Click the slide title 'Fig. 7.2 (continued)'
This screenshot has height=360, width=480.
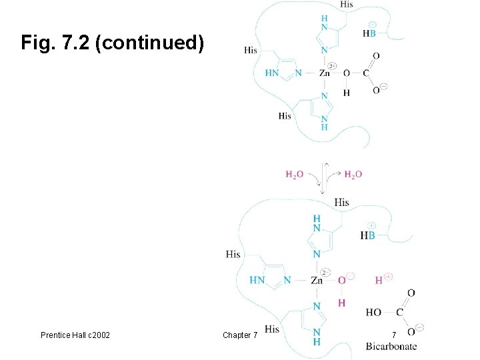[x=112, y=44]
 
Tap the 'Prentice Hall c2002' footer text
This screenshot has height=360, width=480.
[x=75, y=335]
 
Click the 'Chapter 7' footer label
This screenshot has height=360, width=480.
[x=240, y=335]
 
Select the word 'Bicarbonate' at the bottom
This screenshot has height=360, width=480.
[x=391, y=346]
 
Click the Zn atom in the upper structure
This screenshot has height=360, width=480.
[x=325, y=73]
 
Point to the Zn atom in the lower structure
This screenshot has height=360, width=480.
[x=317, y=281]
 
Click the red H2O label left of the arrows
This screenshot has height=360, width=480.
[x=295, y=175]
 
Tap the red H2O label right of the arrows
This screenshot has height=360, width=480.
[x=353, y=175]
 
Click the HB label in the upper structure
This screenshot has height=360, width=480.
[x=369, y=33]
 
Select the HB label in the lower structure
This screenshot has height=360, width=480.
[x=367, y=235]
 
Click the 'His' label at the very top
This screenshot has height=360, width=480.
[x=346, y=5]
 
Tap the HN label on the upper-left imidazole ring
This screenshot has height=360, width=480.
[x=272, y=73]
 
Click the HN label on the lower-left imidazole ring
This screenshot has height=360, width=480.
[x=257, y=281]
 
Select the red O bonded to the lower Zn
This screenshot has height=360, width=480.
[x=341, y=281]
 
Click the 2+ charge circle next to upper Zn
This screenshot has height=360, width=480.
[x=333, y=66]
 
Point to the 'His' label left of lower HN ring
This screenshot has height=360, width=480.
[x=233, y=254]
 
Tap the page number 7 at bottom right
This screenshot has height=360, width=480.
[x=394, y=334]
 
